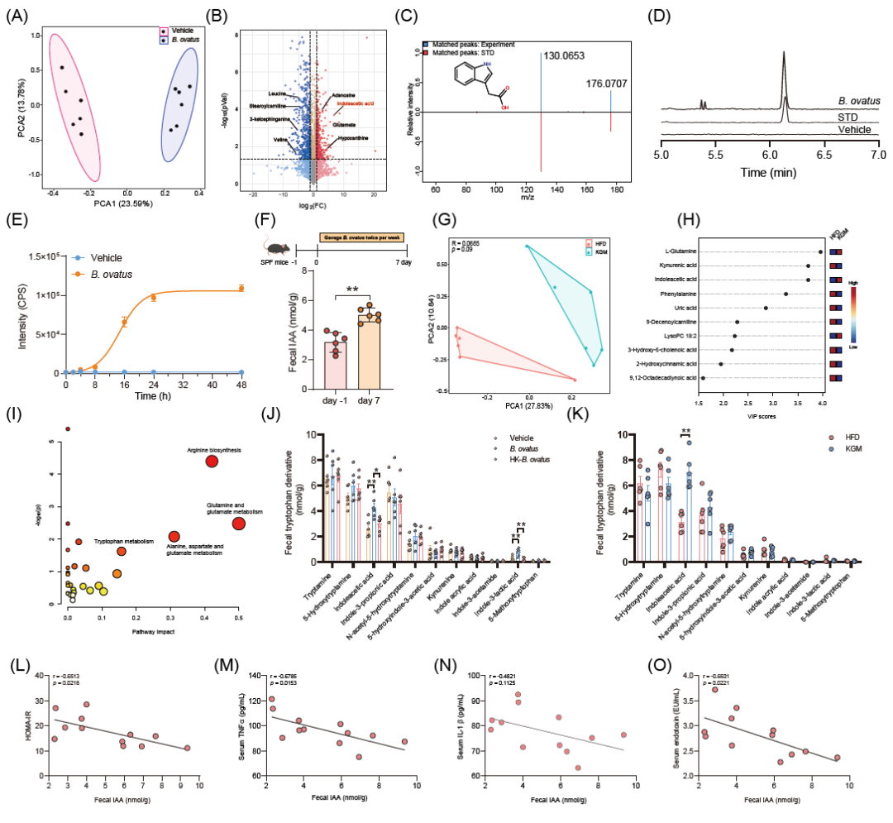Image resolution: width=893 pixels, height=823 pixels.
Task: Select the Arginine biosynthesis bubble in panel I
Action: click(x=212, y=462)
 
